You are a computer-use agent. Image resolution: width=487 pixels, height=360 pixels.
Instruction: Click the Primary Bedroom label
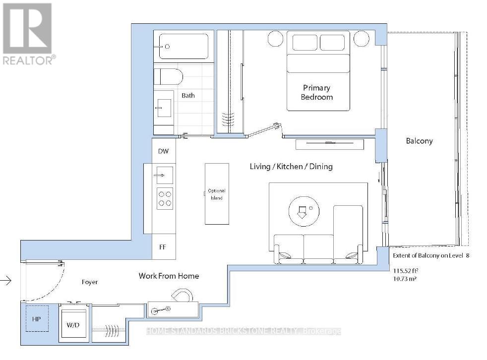317,92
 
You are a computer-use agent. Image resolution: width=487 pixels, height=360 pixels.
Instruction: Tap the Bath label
188,95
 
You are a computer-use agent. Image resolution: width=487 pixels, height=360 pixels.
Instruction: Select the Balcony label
419,141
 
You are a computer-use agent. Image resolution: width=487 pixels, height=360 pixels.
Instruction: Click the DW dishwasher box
164,151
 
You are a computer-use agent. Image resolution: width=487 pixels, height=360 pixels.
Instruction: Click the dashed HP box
37,319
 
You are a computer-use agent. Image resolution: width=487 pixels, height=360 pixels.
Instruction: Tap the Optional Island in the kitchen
217,194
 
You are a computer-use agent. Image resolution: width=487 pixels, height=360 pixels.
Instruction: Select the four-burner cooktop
165,198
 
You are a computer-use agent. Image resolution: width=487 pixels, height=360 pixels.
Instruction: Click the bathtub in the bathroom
183,46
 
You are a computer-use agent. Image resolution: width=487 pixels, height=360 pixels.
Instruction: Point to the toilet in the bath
168,77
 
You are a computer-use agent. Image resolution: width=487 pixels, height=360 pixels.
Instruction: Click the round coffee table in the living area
304,212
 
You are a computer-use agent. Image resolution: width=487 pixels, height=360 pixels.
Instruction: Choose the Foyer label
90,282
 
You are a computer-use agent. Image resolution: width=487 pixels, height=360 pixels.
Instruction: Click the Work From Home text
169,276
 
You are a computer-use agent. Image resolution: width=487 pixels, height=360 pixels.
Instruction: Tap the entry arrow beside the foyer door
6,281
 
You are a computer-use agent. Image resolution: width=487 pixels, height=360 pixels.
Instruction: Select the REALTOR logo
28,34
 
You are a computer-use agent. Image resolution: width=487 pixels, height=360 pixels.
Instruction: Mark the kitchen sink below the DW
165,176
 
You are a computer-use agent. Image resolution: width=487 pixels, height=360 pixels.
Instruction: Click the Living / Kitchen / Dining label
291,167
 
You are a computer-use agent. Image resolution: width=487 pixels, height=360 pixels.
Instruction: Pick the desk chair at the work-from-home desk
183,295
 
